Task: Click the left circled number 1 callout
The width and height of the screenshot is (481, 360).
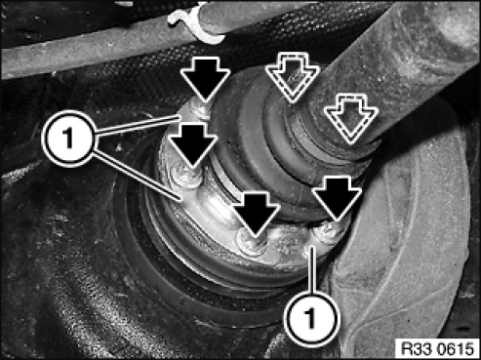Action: point(68,138)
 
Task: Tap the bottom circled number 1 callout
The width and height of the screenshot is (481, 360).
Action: point(311,317)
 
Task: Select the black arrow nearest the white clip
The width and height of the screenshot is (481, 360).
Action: point(205,78)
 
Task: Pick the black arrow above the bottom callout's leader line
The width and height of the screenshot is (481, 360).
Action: point(337,197)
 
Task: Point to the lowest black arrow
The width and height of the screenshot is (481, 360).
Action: point(256,213)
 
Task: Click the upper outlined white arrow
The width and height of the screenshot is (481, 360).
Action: point(293,77)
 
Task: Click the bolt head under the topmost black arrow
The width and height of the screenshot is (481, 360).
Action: point(199,109)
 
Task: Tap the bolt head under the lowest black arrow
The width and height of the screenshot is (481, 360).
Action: point(253,241)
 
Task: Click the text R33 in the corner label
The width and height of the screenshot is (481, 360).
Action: point(417,349)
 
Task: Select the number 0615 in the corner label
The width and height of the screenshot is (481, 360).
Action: point(456,349)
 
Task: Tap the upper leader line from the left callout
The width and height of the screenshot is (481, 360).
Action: point(137,124)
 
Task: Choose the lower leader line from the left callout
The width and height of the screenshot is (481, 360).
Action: point(137,176)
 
